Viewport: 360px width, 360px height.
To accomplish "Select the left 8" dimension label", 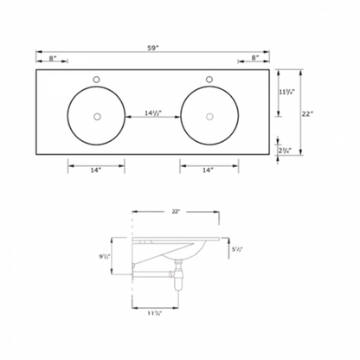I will (x=54, y=59).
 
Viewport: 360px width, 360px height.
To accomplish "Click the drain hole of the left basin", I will (x=97, y=116).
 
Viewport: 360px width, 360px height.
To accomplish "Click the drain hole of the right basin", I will (x=209, y=116).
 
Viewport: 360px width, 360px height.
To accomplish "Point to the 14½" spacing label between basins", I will (x=154, y=110).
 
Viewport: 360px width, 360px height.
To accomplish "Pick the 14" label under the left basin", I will (x=96, y=170).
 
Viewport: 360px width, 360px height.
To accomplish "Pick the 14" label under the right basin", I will (x=209, y=170).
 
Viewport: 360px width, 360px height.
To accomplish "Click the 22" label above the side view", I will (x=179, y=210).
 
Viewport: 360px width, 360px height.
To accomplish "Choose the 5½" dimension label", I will (x=238, y=249).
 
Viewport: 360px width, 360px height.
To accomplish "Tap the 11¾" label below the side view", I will (x=156, y=314).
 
